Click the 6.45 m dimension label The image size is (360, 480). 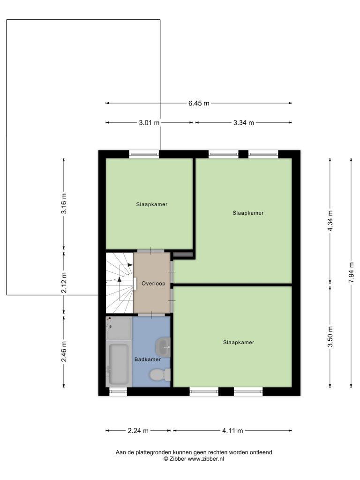point(199,103)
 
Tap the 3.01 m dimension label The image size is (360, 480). point(149,123)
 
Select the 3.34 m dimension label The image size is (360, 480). point(244,123)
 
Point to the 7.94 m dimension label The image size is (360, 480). point(351,272)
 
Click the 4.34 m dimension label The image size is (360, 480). point(330,221)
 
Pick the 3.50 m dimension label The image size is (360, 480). point(330,337)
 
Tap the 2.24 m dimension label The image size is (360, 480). point(138,431)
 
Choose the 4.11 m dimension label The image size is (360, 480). point(232,431)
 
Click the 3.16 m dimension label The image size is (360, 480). point(64,204)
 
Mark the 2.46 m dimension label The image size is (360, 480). point(64,352)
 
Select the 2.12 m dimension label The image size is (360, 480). point(64,283)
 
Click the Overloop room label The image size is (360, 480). point(153,284)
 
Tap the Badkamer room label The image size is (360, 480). point(148,360)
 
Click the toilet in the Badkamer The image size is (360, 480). point(160,375)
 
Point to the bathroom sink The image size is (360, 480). point(163,347)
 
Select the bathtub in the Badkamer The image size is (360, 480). point(119,364)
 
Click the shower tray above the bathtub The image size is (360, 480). point(119,329)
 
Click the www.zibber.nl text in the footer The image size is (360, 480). point(206,458)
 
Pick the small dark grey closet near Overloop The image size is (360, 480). point(183,255)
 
